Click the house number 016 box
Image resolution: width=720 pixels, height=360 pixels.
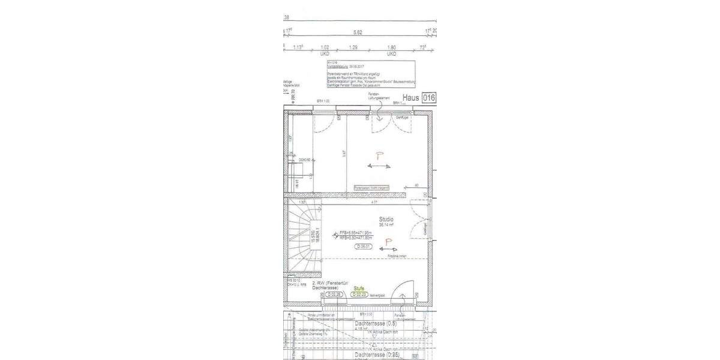tap(428, 98)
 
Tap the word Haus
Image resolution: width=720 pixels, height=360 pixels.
tap(411, 98)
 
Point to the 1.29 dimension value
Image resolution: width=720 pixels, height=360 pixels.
tap(353, 47)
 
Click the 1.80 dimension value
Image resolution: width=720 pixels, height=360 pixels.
tap(392, 47)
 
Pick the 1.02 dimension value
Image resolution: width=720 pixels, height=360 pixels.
tap(326, 47)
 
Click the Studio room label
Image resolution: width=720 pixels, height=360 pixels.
tap(386, 220)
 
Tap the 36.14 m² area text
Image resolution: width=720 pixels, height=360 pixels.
tap(386, 226)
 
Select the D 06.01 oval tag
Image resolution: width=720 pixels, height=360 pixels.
tap(365, 246)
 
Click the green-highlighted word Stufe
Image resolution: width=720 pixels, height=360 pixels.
tap(359, 289)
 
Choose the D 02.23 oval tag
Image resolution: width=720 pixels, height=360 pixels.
tap(359, 295)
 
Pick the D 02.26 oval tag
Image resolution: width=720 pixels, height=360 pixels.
tap(334, 295)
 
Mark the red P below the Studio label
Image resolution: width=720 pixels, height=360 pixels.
tap(389, 241)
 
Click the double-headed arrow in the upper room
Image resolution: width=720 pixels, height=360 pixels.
tap(379, 166)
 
